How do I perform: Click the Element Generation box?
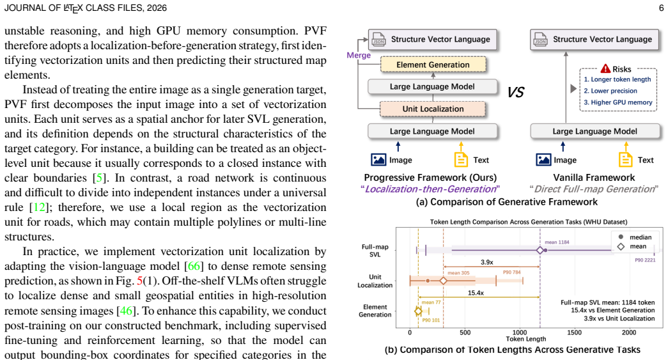(x=433, y=65)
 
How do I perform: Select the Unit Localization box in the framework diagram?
(x=433, y=109)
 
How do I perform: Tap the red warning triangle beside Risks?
(x=605, y=68)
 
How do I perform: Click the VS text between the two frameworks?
(x=515, y=92)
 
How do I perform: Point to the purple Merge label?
(x=359, y=56)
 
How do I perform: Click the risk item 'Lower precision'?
(x=610, y=91)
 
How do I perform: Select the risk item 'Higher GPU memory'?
(x=618, y=102)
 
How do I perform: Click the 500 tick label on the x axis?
(x=465, y=333)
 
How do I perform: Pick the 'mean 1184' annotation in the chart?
(x=557, y=242)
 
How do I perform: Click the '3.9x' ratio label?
(x=487, y=262)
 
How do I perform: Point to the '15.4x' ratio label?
(x=476, y=293)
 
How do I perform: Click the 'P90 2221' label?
(x=645, y=260)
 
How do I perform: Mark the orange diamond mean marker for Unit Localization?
(x=443, y=281)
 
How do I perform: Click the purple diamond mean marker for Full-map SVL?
(x=540, y=250)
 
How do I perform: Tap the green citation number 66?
(x=194, y=266)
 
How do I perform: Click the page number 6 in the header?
(x=661, y=8)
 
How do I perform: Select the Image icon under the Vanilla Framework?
(x=543, y=160)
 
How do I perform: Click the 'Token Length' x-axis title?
(x=526, y=339)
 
